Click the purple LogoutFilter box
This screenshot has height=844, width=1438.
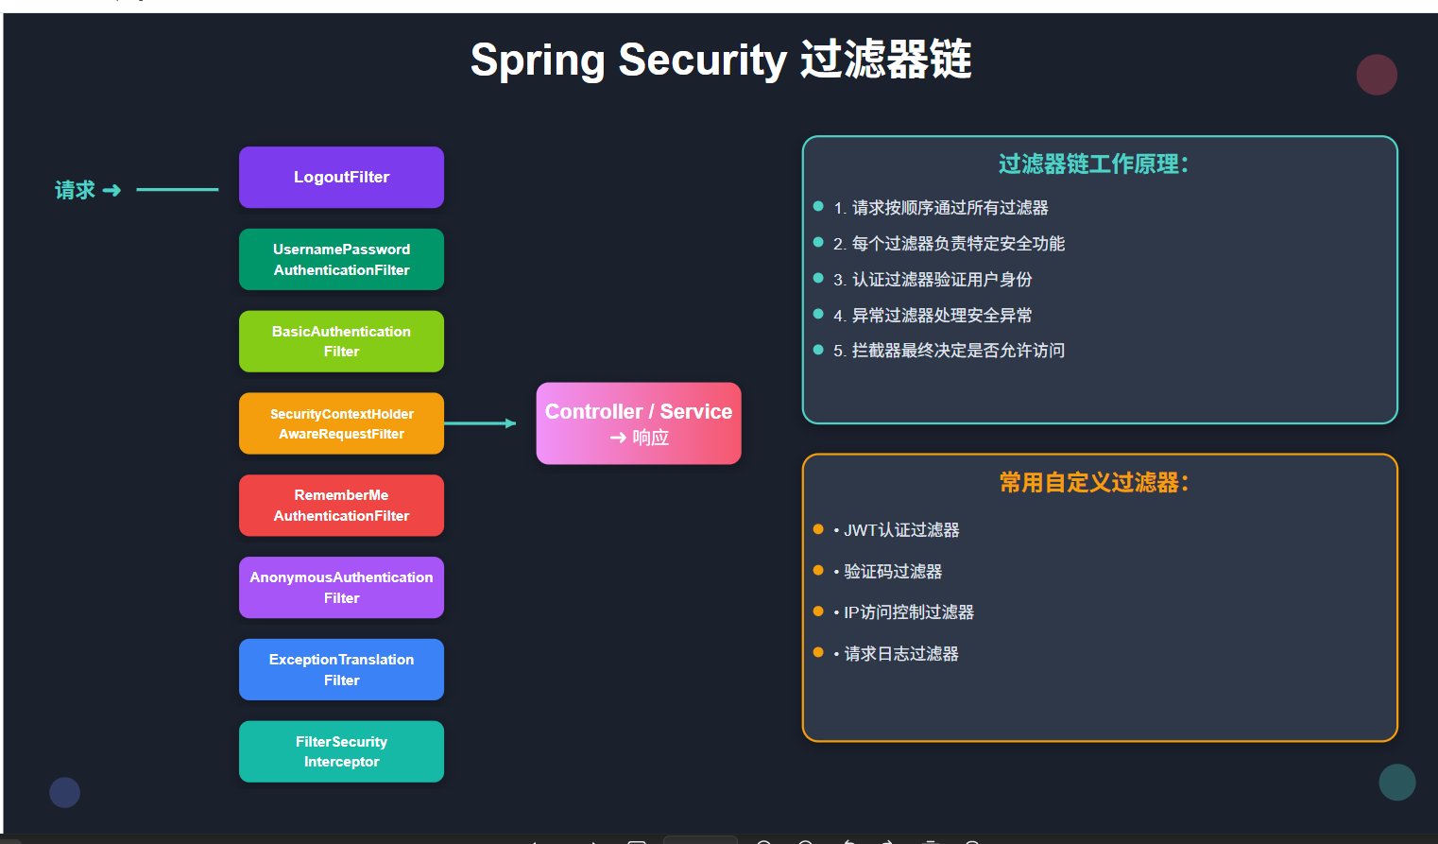pyautogui.click(x=341, y=178)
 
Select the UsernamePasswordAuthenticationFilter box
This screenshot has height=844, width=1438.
pyautogui.click(x=341, y=260)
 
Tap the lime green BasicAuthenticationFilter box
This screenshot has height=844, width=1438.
pyautogui.click(x=341, y=341)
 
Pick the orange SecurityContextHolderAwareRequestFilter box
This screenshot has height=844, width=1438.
pyautogui.click(x=341, y=423)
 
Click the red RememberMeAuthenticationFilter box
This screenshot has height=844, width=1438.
pyautogui.click(x=341, y=506)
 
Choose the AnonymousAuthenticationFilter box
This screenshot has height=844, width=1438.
pyautogui.click(x=341, y=588)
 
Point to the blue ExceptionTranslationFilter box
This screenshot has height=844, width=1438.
pyautogui.click(x=341, y=669)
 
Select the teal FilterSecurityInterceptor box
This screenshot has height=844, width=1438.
pyautogui.click(x=341, y=751)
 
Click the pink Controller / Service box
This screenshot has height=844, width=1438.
pyautogui.click(x=639, y=423)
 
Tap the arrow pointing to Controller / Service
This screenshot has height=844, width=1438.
pyautogui.click(x=480, y=423)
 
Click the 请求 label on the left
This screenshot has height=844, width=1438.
pyautogui.click(x=76, y=190)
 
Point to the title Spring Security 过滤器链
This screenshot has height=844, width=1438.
pyautogui.click(x=721, y=60)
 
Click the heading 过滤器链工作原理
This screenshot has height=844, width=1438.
pyautogui.click(x=1093, y=164)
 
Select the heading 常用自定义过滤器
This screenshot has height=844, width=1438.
pyautogui.click(x=1093, y=483)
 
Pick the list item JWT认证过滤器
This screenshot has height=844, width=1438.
pyautogui.click(x=901, y=530)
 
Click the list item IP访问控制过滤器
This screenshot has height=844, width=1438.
pyautogui.click(x=908, y=612)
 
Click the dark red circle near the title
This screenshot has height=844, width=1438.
pyautogui.click(x=1377, y=75)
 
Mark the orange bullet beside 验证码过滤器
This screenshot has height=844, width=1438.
pyautogui.click(x=818, y=570)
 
